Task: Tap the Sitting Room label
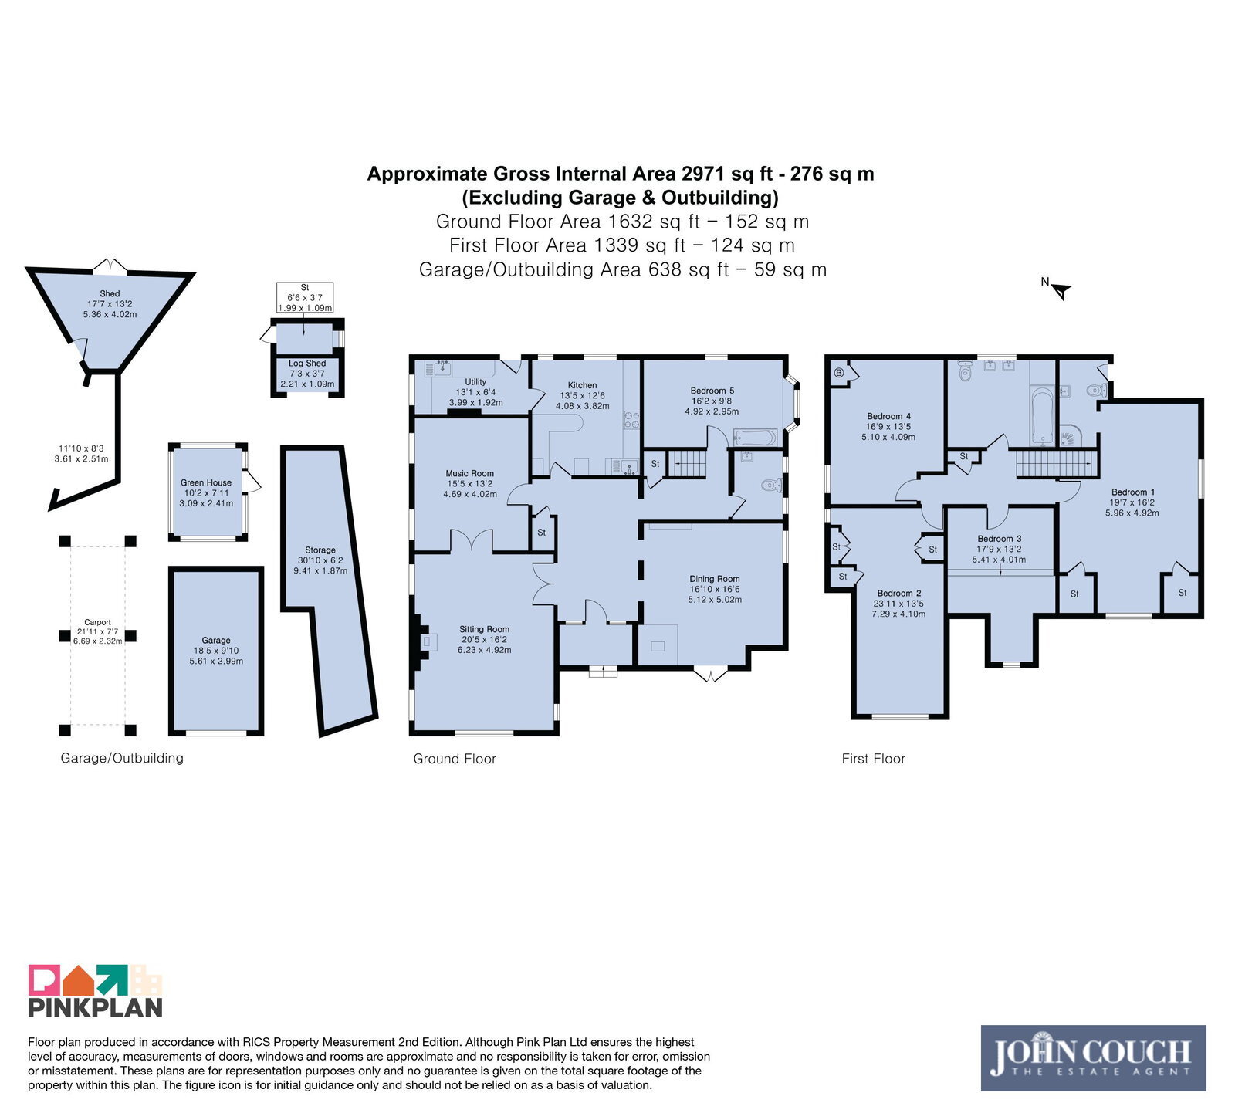click(484, 629)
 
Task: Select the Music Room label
click(469, 474)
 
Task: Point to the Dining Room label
click(714, 579)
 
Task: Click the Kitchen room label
click(582, 385)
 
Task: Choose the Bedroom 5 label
click(712, 391)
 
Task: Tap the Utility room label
click(475, 382)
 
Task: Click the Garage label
click(216, 641)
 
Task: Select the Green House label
click(205, 483)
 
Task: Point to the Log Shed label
click(307, 364)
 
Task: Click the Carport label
click(97, 622)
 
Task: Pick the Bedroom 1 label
click(1132, 492)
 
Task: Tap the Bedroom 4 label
click(888, 416)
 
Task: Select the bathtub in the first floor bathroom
click(1042, 416)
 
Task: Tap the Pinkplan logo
click(96, 990)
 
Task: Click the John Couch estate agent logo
click(1093, 1057)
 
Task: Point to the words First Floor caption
click(873, 759)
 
